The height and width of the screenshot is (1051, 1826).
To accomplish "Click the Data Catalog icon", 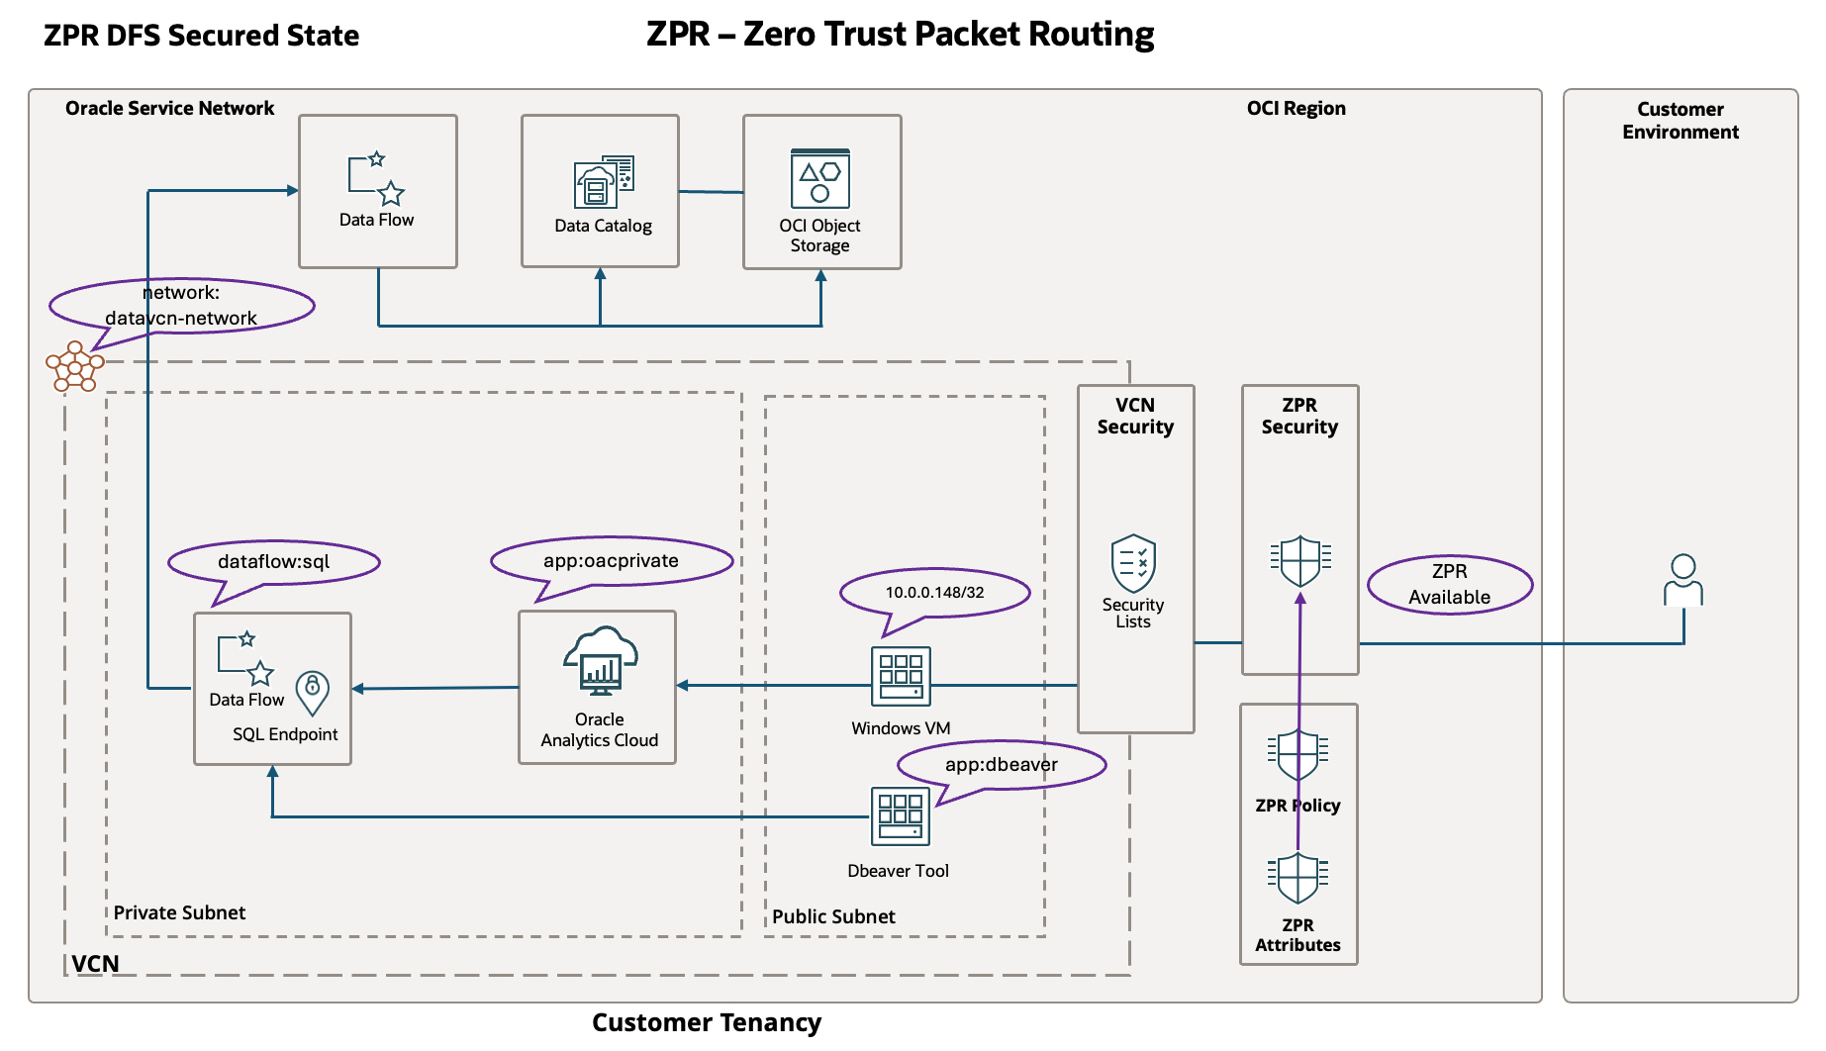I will point(603,181).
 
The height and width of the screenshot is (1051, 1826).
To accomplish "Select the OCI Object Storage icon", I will point(819,178).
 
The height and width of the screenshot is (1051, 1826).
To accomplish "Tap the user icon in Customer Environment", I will point(1682,580).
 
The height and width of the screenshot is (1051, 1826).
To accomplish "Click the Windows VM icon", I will point(900,676).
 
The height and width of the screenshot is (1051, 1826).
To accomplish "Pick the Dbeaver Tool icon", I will point(900,816).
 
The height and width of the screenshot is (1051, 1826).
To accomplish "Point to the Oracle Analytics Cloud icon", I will point(600,662).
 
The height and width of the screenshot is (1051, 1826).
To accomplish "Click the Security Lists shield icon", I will point(1133,563).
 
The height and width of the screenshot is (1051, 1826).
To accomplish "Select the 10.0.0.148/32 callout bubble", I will point(934,593).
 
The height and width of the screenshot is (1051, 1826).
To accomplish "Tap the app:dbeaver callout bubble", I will point(1001,765).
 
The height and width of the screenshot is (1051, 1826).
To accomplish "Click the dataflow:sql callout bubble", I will point(273,562).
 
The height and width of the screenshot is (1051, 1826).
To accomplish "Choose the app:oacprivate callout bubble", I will point(611,561).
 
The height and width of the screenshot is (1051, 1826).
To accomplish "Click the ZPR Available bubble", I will point(1449,584).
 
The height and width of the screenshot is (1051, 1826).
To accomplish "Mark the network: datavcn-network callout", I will point(181,305).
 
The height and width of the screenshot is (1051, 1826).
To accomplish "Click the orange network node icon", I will point(74,367).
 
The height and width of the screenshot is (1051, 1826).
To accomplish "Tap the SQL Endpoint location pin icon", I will point(312,693).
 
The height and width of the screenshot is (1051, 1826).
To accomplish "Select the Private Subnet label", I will point(179,912).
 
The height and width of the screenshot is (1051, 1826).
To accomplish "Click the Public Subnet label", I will point(833,916).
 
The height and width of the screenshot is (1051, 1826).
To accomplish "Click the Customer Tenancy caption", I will point(706,1022).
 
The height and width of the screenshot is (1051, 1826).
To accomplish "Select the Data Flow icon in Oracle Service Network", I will point(376,178).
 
